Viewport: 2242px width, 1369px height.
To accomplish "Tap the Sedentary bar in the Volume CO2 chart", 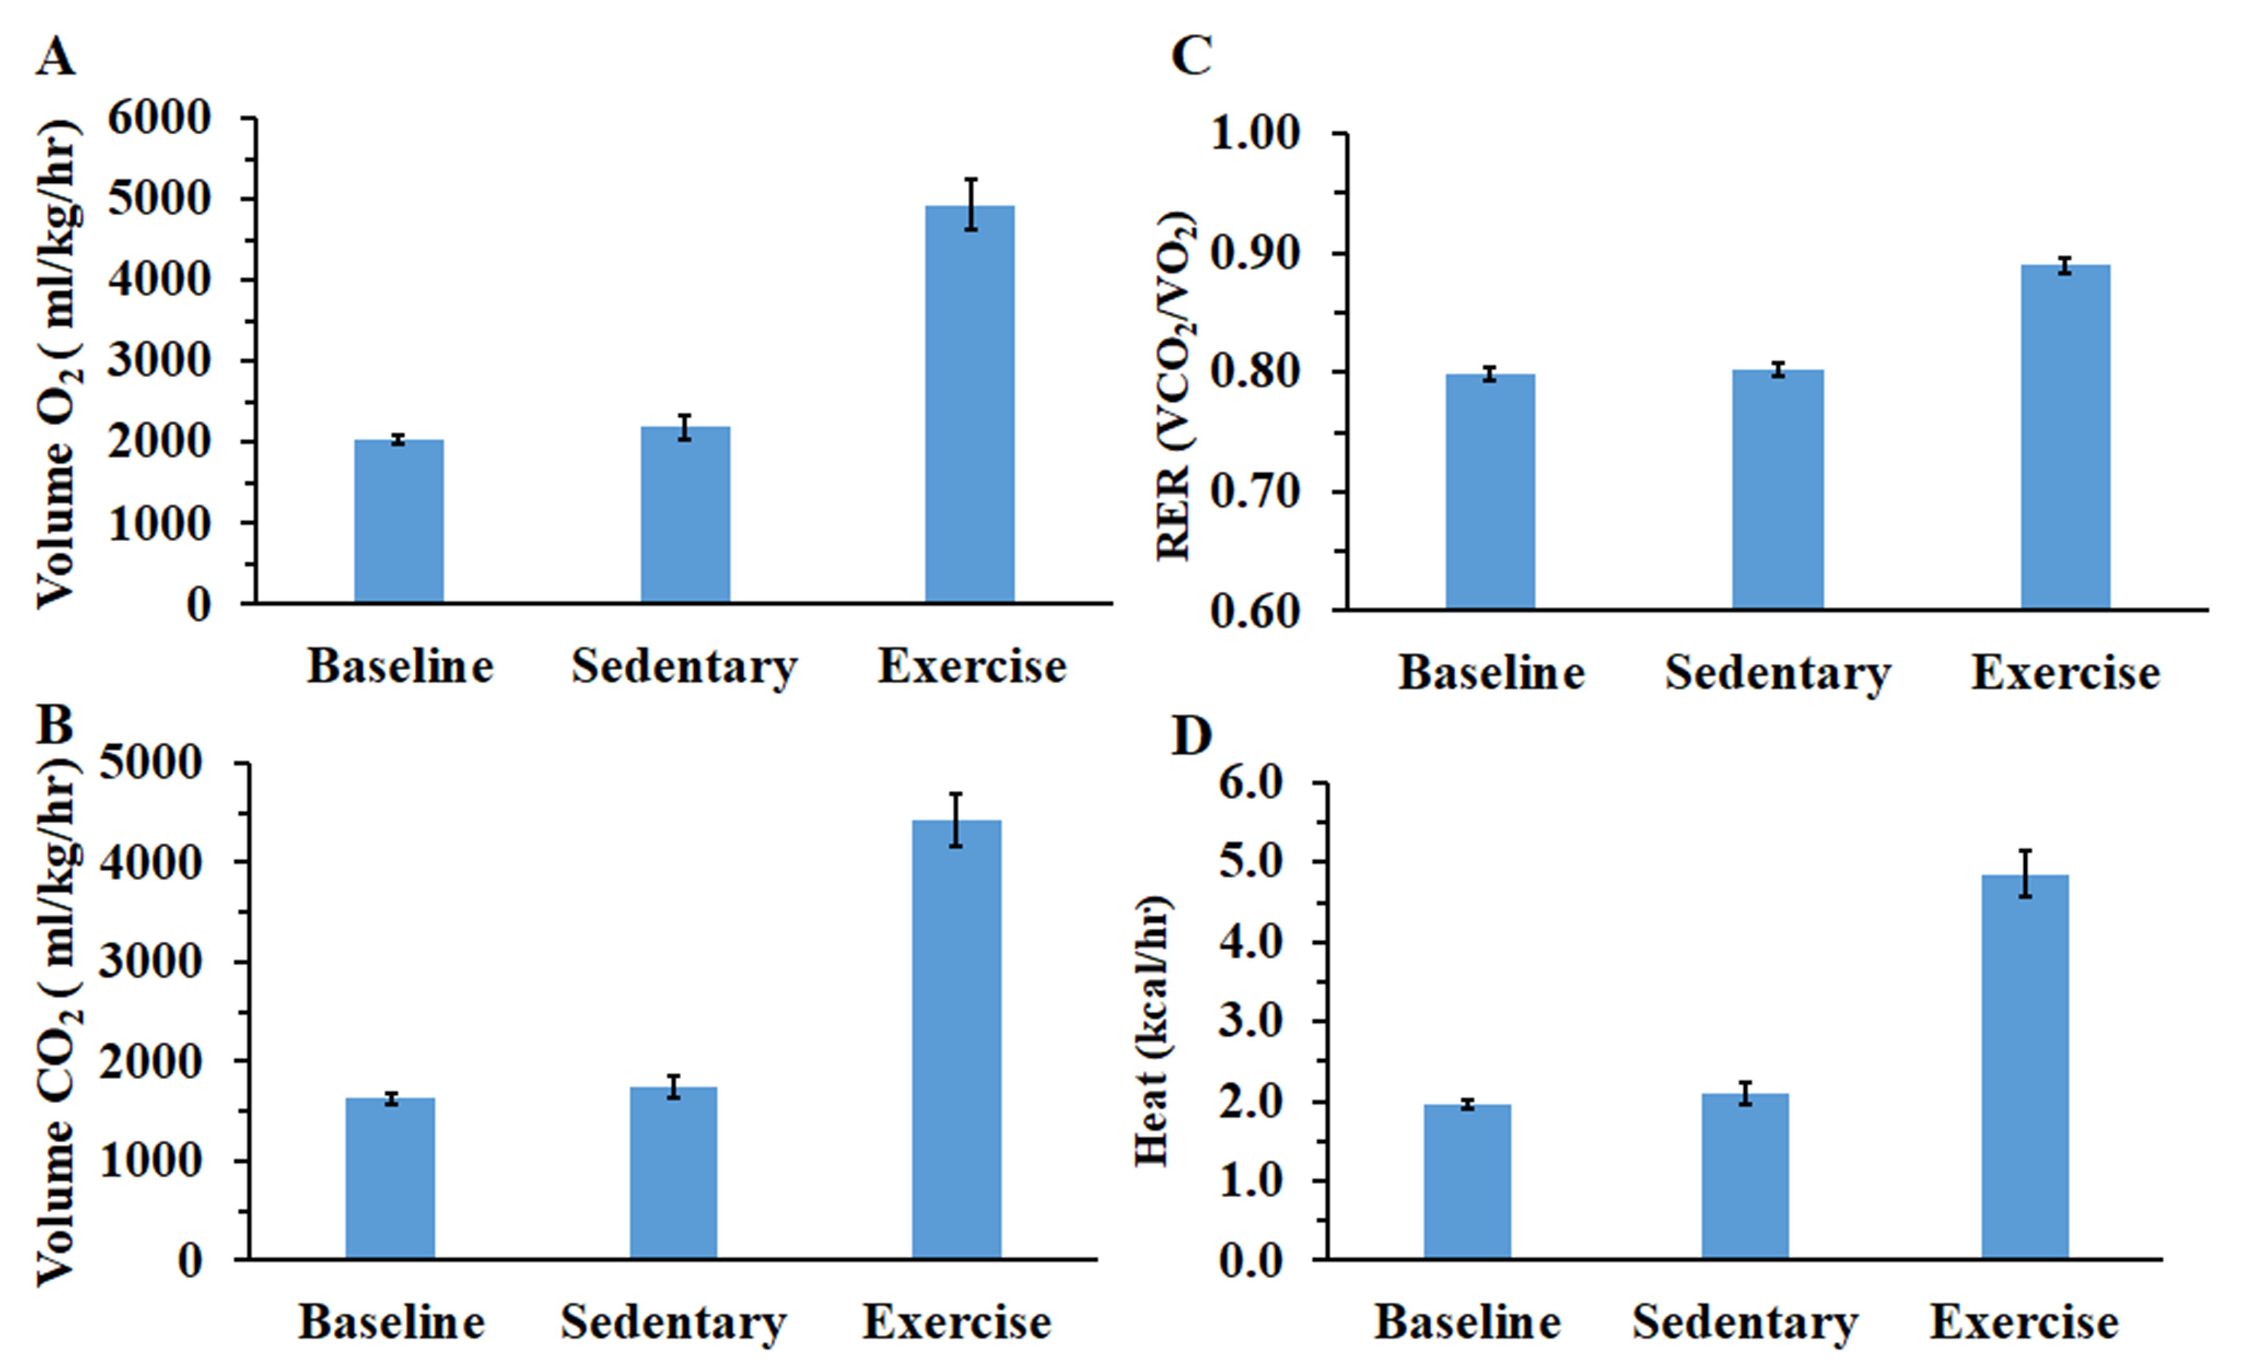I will [673, 1173].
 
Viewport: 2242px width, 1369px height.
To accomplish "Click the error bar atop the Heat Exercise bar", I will [2025, 873].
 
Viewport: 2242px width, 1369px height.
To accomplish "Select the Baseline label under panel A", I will [401, 667].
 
